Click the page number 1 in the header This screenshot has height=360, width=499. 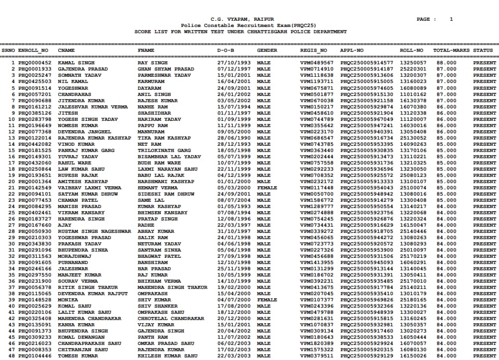pyautogui.click(x=451, y=19)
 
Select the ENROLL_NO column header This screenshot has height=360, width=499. pyautogui.click(x=33, y=50)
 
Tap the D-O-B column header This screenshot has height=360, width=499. pyautogui.click(x=225, y=50)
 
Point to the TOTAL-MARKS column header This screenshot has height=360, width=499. pyautogui.click(x=452, y=50)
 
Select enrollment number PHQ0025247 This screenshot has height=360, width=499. pyautogui.click(x=35, y=75)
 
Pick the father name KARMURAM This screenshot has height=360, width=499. pyautogui.click(x=151, y=81)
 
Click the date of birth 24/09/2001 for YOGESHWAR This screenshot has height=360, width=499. pyautogui.click(x=234, y=88)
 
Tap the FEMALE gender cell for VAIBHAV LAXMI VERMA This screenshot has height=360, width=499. pyautogui.click(x=267, y=188)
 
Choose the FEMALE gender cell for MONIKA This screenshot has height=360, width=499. pyautogui.click(x=267, y=300)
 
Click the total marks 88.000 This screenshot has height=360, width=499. pyautogui.click(x=447, y=63)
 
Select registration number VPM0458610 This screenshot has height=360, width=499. pyautogui.click(x=317, y=113)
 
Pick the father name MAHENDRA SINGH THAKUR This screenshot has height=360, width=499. pyautogui.click(x=172, y=287)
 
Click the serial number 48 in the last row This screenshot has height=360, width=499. pyautogui.click(x=12, y=356)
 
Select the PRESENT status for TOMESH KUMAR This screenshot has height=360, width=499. pyautogui.click(x=484, y=356)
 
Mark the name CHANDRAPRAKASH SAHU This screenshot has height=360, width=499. pyautogui.click(x=89, y=343)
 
